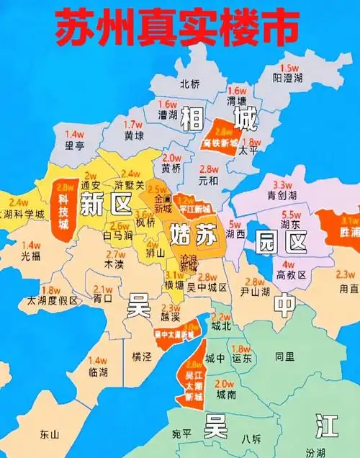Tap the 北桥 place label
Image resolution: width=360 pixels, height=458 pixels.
tap(190, 84)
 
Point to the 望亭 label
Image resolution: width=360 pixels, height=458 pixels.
tap(75, 144)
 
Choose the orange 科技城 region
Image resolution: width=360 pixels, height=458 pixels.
tap(67, 210)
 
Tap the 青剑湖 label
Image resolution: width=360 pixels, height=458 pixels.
tap(281, 194)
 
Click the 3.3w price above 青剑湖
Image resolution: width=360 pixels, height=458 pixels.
tap(282, 184)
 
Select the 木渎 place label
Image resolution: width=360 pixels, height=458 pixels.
tap(114, 264)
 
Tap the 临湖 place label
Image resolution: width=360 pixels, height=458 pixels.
tap(98, 371)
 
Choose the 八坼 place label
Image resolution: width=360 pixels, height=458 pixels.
tap(251, 437)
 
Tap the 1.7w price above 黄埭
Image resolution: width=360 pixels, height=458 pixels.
tap(134, 124)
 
